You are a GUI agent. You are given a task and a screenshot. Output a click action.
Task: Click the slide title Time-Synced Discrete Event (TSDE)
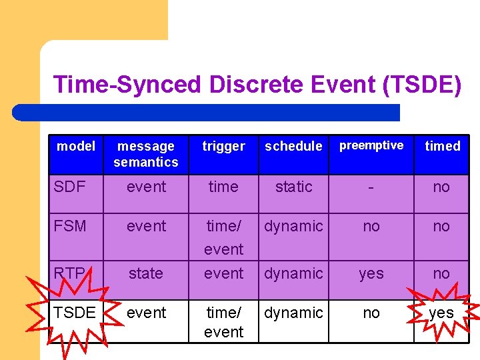(257, 85)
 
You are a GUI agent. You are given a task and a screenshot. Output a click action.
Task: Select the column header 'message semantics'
(146, 154)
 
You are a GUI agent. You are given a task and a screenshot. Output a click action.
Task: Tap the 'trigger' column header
(223, 146)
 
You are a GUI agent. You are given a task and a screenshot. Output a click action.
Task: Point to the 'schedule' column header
(293, 146)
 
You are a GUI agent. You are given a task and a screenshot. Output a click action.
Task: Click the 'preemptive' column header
(371, 145)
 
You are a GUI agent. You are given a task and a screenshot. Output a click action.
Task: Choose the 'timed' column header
(443, 146)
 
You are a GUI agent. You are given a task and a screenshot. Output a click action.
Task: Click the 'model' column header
(76, 146)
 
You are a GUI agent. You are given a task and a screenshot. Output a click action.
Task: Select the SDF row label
(69, 187)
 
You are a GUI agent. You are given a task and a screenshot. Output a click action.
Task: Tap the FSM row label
(70, 226)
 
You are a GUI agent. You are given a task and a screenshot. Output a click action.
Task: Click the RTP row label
(70, 273)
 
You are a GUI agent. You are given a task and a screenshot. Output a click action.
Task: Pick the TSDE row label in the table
(74, 313)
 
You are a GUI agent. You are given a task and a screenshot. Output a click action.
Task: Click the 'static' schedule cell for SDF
(293, 187)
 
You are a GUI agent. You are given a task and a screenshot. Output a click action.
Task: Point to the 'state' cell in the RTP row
(146, 273)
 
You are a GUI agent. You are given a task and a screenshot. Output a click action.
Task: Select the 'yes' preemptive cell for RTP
(371, 273)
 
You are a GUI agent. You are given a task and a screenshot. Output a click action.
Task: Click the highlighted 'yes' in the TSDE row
(441, 313)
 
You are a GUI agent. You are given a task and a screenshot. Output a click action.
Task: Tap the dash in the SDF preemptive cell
(371, 187)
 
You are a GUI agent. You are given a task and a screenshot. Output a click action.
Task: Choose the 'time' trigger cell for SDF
(223, 187)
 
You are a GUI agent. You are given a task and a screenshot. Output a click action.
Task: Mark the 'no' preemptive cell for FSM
(371, 226)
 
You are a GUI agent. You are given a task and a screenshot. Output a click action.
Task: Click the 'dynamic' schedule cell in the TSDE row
(293, 313)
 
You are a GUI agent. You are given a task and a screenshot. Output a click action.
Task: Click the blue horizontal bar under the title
(207, 112)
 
